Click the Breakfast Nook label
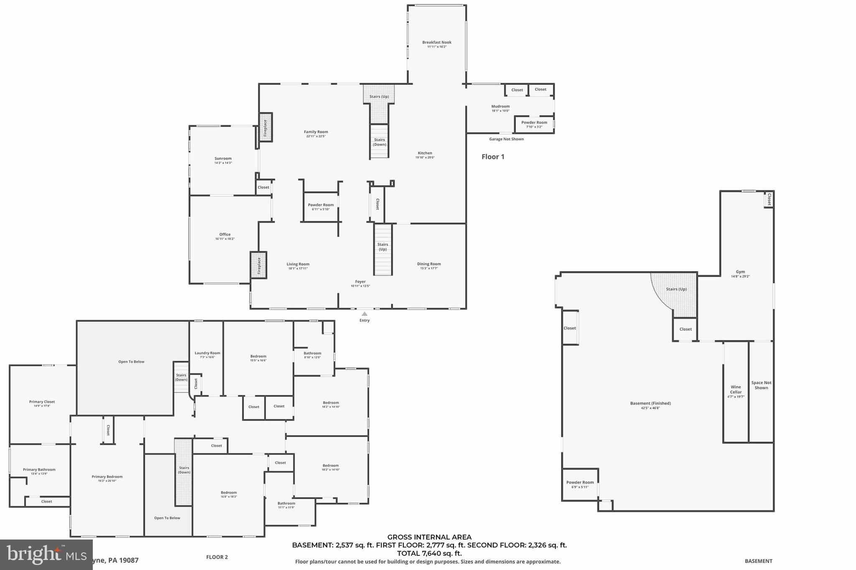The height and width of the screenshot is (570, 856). pyautogui.click(x=437, y=43)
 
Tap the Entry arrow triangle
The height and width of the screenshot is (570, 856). pyautogui.click(x=364, y=314)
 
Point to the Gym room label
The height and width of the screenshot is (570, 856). pyautogui.click(x=740, y=272)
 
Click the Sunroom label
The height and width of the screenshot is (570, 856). pyautogui.click(x=223, y=159)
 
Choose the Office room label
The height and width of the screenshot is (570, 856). pyautogui.click(x=225, y=235)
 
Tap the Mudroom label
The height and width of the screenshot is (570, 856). pyautogui.click(x=500, y=106)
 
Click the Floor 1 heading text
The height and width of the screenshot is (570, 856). pyautogui.click(x=493, y=157)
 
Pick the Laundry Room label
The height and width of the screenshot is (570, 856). pyautogui.click(x=207, y=353)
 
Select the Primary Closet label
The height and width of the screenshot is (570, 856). pyautogui.click(x=42, y=402)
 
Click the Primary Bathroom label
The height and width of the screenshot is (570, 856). pyautogui.click(x=39, y=470)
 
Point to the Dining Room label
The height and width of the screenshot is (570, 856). pyautogui.click(x=429, y=264)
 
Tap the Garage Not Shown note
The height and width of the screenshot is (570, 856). pyautogui.click(x=506, y=139)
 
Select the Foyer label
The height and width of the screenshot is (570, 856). pyautogui.click(x=360, y=282)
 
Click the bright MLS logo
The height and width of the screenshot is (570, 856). pyautogui.click(x=46, y=554)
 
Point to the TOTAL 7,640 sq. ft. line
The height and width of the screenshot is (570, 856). pyautogui.click(x=429, y=554)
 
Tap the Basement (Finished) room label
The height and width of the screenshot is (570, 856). pyautogui.click(x=650, y=403)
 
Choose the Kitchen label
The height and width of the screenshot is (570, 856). pyautogui.click(x=425, y=153)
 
